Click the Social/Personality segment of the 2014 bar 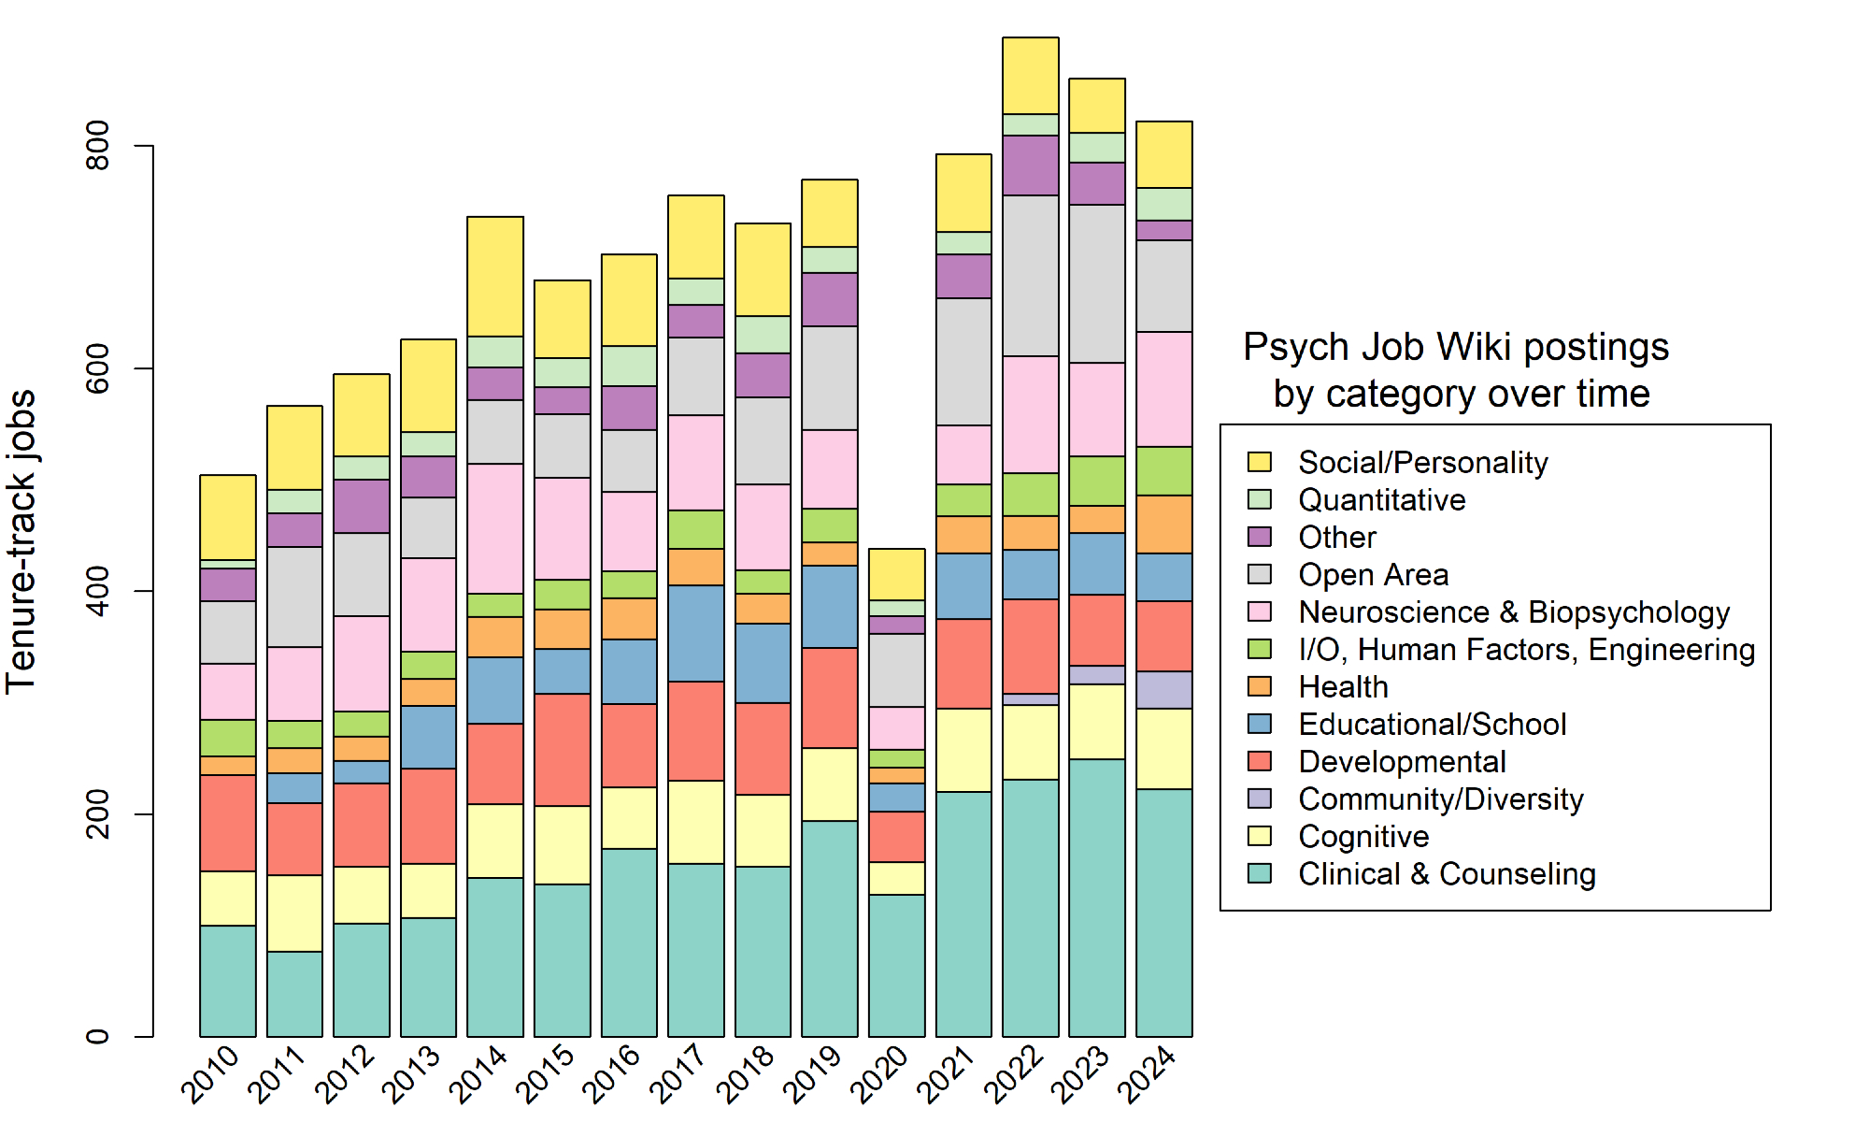click(x=495, y=277)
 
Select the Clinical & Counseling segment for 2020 click(x=896, y=965)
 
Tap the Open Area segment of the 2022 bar click(x=1030, y=276)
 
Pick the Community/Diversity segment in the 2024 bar click(x=1163, y=690)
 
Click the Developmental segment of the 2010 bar click(x=228, y=823)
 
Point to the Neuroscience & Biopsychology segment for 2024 click(x=1163, y=389)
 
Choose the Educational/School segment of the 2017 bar click(x=696, y=633)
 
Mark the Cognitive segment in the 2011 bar click(x=294, y=913)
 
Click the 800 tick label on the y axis click(x=98, y=146)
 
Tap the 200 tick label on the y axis click(x=98, y=814)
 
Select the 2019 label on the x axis click(x=812, y=1075)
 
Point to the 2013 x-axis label click(x=411, y=1075)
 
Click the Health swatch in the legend click(x=1260, y=686)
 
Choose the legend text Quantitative click(x=1381, y=500)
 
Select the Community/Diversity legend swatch click(x=1260, y=798)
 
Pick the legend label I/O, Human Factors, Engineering click(x=1526, y=650)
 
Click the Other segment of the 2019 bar click(x=830, y=299)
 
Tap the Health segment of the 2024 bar click(x=1163, y=525)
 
